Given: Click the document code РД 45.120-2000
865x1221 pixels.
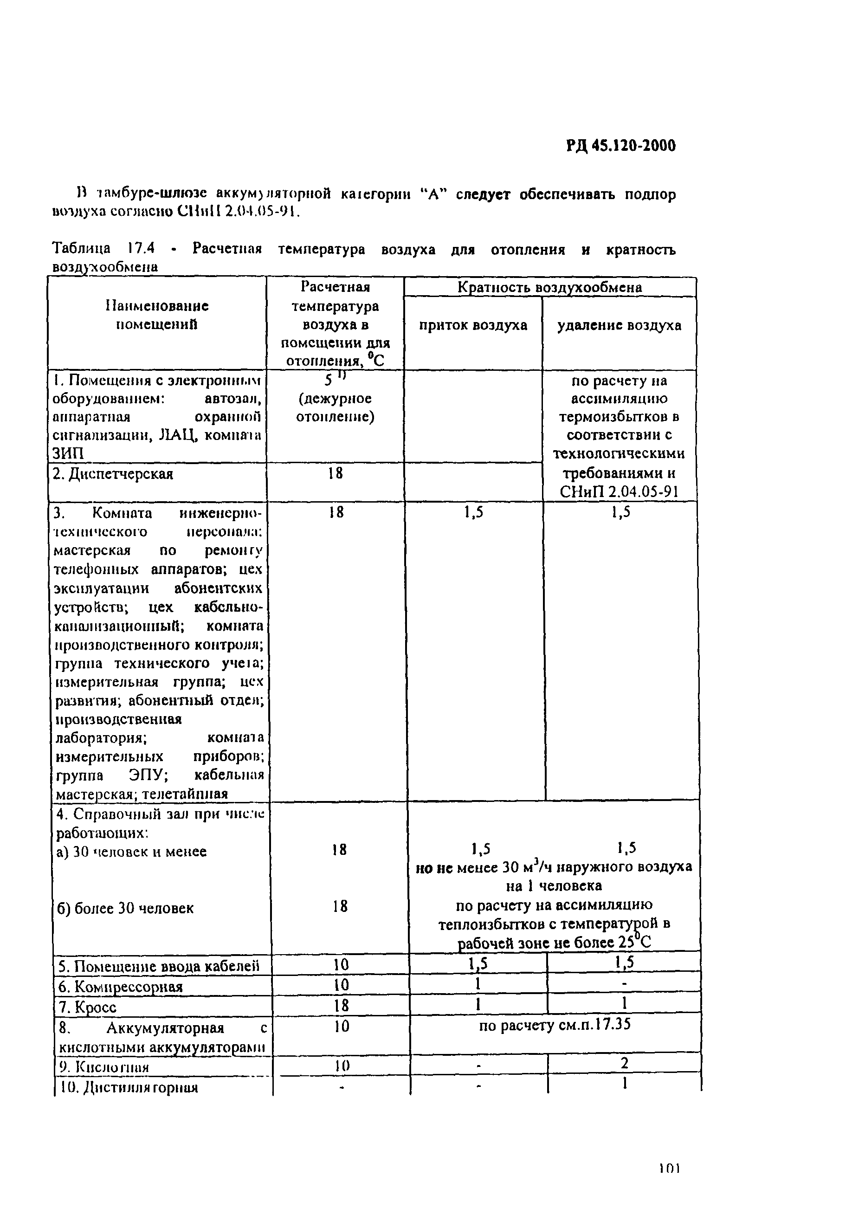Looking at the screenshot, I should click(x=620, y=145).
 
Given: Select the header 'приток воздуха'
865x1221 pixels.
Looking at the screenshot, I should click(x=473, y=325).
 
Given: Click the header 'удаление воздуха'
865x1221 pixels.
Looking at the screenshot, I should click(x=619, y=325).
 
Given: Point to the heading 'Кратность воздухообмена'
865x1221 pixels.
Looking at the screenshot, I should click(x=550, y=287).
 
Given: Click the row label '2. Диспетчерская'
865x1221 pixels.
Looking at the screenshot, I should click(x=113, y=473).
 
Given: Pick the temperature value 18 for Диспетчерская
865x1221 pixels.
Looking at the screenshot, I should click(x=335, y=473).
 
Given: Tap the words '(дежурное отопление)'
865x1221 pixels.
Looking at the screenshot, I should click(x=335, y=407).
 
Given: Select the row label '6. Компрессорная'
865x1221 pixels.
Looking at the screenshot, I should click(x=120, y=987).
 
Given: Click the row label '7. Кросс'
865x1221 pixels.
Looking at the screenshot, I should click(x=87, y=1008).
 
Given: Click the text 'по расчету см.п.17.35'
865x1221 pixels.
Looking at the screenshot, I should click(x=555, y=1026).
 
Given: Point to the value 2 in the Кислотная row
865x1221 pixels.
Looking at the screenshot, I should click(x=624, y=1063).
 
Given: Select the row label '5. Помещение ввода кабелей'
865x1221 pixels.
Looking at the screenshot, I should click(x=159, y=966).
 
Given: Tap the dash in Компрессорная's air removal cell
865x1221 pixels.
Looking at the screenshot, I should click(x=624, y=984).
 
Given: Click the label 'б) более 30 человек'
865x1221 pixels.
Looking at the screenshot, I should click(x=126, y=908).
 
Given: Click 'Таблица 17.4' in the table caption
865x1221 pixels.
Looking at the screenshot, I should click(x=103, y=249).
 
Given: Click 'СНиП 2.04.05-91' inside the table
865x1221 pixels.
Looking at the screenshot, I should click(x=619, y=492).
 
